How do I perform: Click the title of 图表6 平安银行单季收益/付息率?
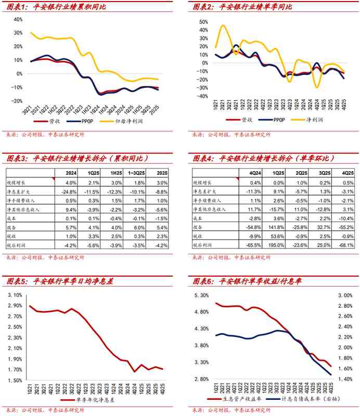247,281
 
